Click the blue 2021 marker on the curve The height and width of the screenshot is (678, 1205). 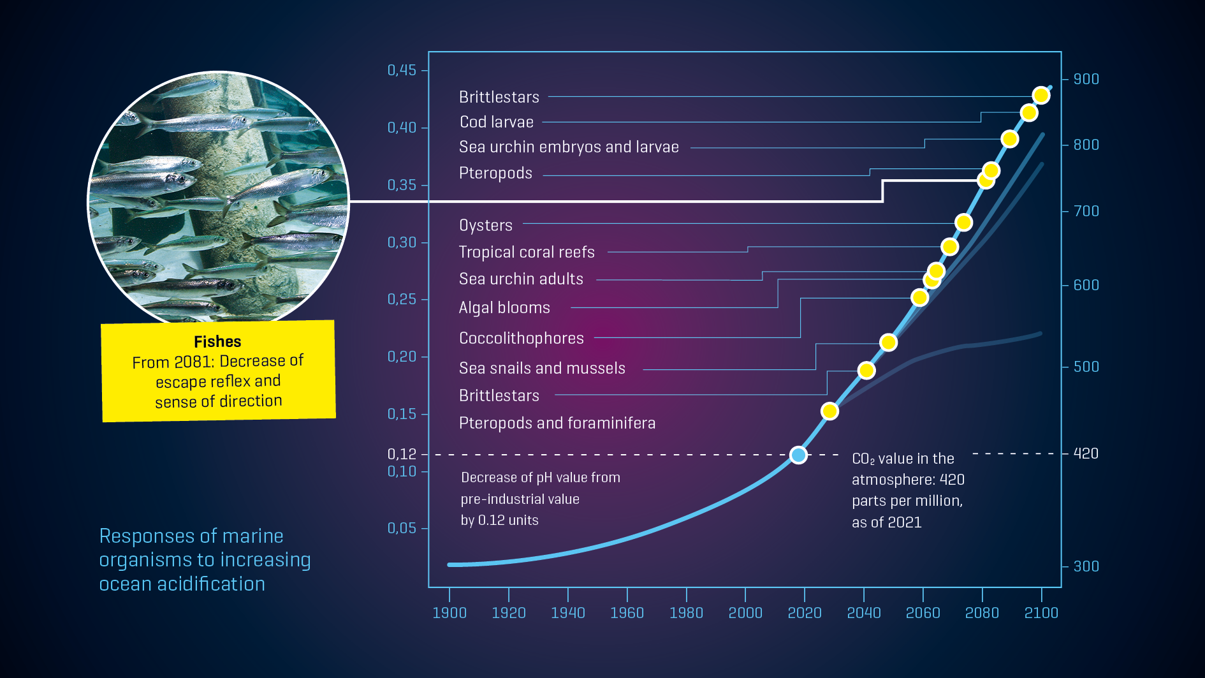pos(798,455)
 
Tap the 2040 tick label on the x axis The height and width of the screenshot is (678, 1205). pos(863,613)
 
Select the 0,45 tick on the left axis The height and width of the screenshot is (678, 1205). pos(402,70)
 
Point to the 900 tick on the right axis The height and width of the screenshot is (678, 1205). pos(1086,79)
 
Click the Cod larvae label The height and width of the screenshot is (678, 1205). pos(496,122)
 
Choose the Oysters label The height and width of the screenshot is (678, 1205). pos(485,225)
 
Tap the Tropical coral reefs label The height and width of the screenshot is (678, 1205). pos(526,252)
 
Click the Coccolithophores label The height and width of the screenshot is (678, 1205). pos(521,338)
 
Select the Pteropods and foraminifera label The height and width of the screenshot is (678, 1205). pos(557,423)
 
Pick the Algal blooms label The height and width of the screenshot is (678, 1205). pos(504,307)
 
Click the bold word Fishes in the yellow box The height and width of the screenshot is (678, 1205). pos(217,342)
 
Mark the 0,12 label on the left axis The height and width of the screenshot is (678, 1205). pos(402,454)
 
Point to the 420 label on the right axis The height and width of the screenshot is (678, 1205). pos(1086,453)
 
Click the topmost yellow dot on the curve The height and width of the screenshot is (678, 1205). pos(1041,96)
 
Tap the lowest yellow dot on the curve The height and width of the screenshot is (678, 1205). pos(829,411)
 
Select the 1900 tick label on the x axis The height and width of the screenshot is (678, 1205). pos(449,613)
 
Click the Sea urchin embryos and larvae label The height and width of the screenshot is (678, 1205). pos(568,147)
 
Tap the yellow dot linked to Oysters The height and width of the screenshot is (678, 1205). pos(963,223)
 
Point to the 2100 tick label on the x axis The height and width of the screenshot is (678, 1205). pos(1041,613)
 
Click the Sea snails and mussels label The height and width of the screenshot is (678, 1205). pos(541,368)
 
